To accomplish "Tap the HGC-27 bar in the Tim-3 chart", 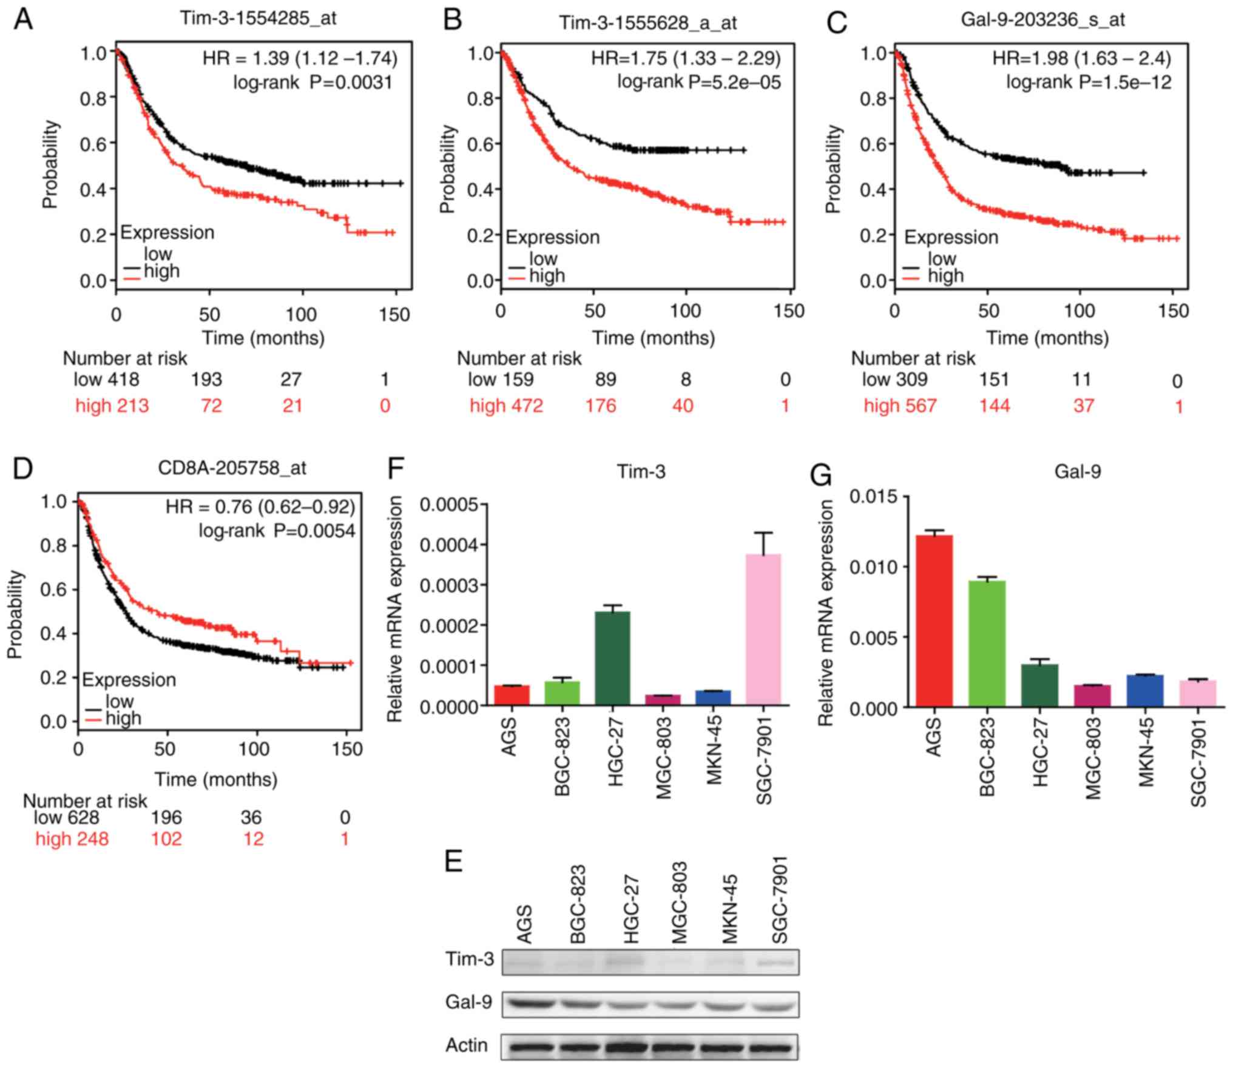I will click(612, 658).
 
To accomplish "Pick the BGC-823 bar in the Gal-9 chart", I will click(987, 643).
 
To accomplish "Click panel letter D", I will click(22, 469).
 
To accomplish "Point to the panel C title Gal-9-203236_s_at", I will click(1042, 20).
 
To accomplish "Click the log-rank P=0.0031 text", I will click(313, 82).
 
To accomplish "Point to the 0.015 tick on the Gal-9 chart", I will click(873, 497).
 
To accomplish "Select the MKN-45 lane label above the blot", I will click(729, 910).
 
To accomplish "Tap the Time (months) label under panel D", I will click(216, 779).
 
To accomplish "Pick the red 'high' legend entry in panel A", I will click(161, 271).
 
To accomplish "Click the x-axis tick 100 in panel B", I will click(685, 311).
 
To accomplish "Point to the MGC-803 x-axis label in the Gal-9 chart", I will click(1092, 759).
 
